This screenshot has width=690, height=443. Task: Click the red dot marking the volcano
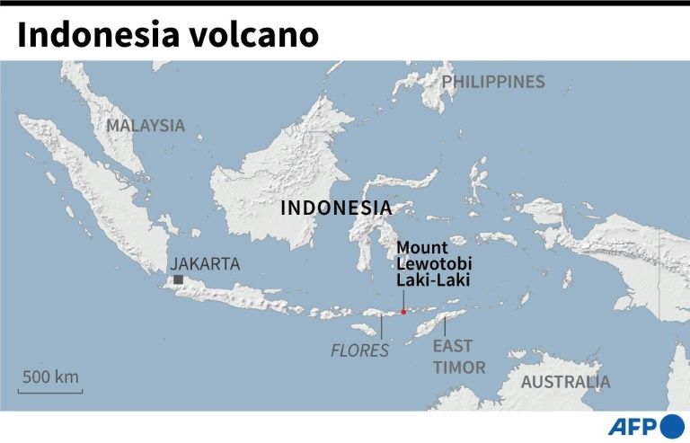[x=403, y=312]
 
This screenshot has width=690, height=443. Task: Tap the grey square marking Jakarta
[x=178, y=280]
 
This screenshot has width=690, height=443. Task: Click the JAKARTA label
[x=205, y=263]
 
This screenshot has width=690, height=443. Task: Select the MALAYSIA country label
[x=145, y=126]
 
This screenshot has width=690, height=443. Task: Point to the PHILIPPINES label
[x=493, y=82]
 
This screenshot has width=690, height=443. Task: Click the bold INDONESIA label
[x=336, y=208]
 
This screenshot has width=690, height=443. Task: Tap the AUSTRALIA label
[x=565, y=381]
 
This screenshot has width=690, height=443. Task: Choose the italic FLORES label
[x=360, y=350]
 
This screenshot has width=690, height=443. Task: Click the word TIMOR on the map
[x=459, y=367]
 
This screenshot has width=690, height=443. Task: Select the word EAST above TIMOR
[x=452, y=346]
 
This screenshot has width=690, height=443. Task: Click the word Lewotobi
[x=435, y=263]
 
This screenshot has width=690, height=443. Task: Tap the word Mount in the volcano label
[x=421, y=247]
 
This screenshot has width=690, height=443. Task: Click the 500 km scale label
[x=51, y=377]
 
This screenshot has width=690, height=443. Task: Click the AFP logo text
[x=633, y=426]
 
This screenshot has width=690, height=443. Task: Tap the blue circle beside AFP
[x=672, y=426]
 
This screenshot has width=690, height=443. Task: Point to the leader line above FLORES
[x=381, y=326]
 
